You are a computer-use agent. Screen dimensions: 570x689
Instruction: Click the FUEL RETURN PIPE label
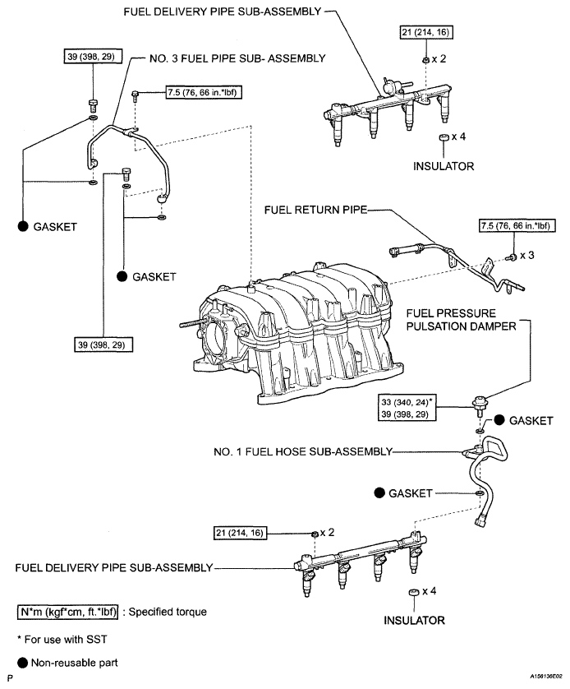tap(315, 210)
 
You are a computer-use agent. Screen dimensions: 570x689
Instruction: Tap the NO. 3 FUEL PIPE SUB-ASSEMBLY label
tap(237, 58)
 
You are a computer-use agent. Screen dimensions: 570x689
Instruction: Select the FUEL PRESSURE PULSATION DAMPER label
tap(462, 320)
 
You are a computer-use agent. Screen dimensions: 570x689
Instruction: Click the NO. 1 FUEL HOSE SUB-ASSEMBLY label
tap(303, 451)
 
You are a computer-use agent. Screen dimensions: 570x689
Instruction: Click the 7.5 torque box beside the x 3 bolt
tap(515, 226)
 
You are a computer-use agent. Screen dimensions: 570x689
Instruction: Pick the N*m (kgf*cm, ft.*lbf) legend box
tap(68, 612)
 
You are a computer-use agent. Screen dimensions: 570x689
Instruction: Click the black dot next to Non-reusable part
tap(23, 663)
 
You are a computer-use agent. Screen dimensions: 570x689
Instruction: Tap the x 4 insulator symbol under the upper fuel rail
tap(444, 137)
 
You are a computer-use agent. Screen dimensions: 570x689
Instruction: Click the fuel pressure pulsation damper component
tap(479, 405)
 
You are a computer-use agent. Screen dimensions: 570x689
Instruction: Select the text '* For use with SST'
tap(62, 640)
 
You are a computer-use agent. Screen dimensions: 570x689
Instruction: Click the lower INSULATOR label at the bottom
tap(414, 621)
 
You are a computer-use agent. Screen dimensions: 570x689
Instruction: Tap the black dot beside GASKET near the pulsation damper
tap(499, 419)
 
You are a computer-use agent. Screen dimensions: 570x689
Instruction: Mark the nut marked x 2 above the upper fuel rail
tap(425, 60)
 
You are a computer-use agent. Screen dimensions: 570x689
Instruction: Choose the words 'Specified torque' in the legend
tap(168, 612)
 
